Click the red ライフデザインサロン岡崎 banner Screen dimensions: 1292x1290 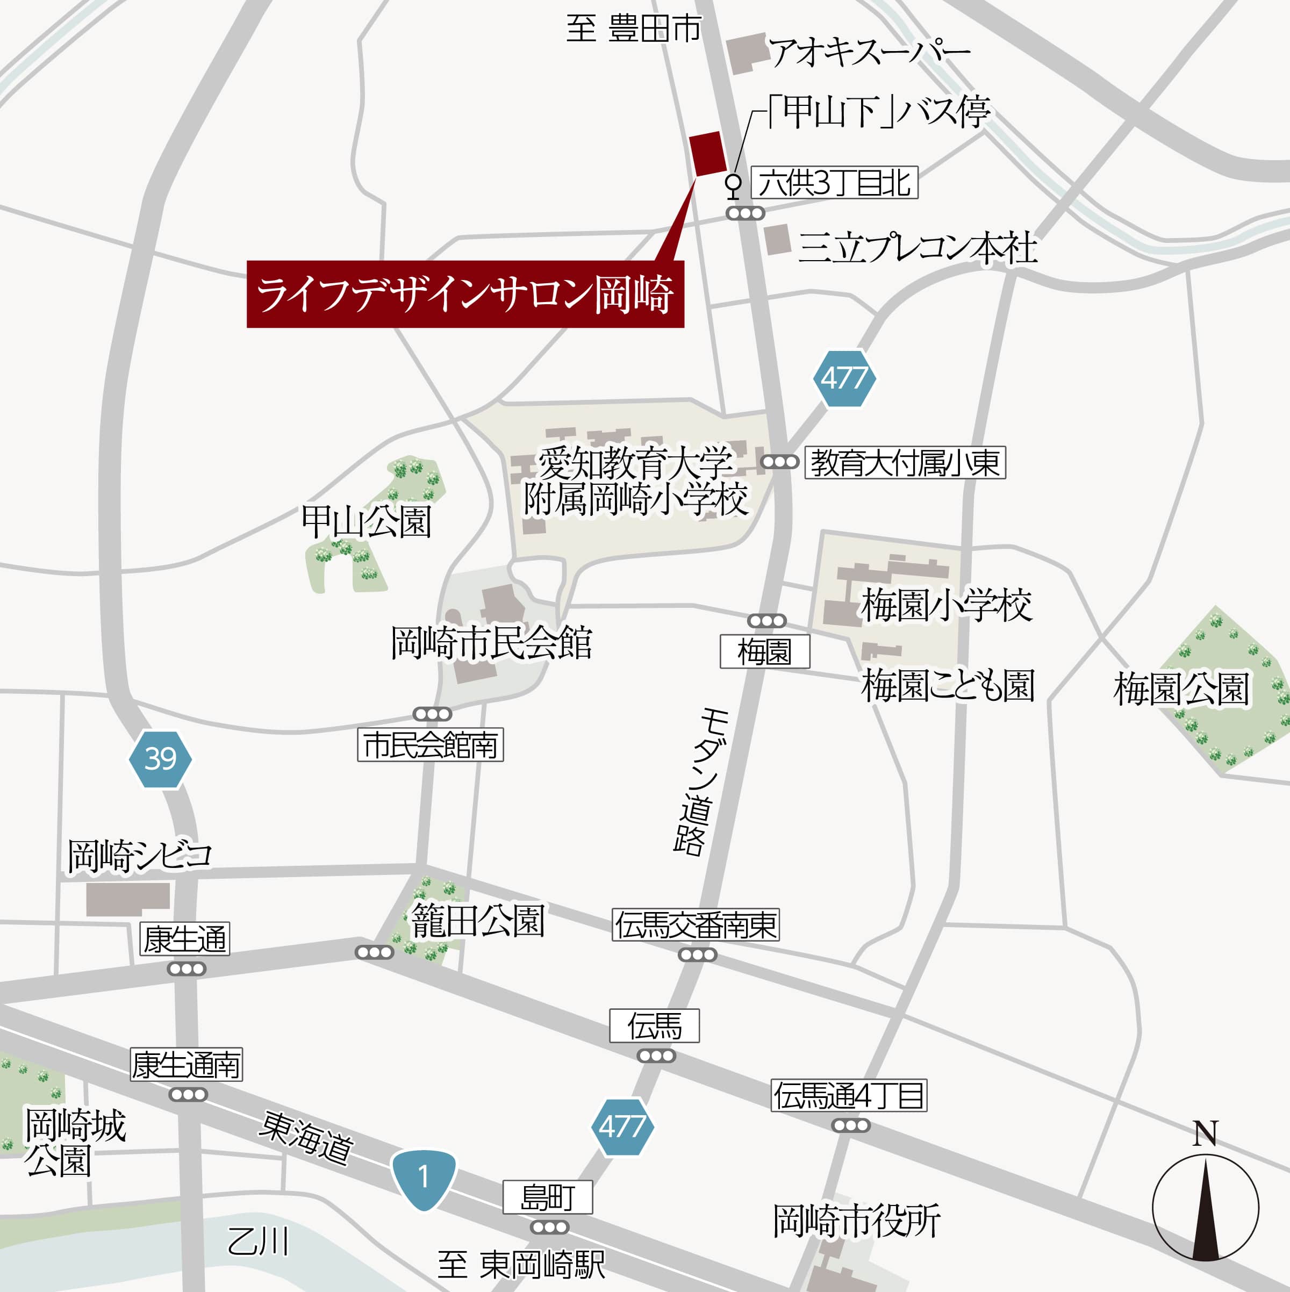click(465, 294)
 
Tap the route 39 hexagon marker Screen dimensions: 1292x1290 click(161, 759)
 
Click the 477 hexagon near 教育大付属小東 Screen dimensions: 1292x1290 click(844, 378)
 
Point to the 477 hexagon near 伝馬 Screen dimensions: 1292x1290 click(622, 1127)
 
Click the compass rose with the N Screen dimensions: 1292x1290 click(1205, 1207)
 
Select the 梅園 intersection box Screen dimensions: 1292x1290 click(764, 651)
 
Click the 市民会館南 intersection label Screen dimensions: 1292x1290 click(430, 745)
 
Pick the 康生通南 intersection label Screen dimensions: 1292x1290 click(186, 1065)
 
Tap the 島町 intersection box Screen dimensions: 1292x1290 click(547, 1197)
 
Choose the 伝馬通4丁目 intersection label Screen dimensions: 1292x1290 click(849, 1095)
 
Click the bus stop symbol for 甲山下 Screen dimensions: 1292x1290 click(734, 185)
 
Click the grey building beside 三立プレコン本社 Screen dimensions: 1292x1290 click(778, 239)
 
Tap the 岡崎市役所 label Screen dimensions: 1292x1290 click(857, 1221)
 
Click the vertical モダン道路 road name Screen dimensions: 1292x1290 click(696, 783)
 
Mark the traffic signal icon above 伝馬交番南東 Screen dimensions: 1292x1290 click(698, 955)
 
